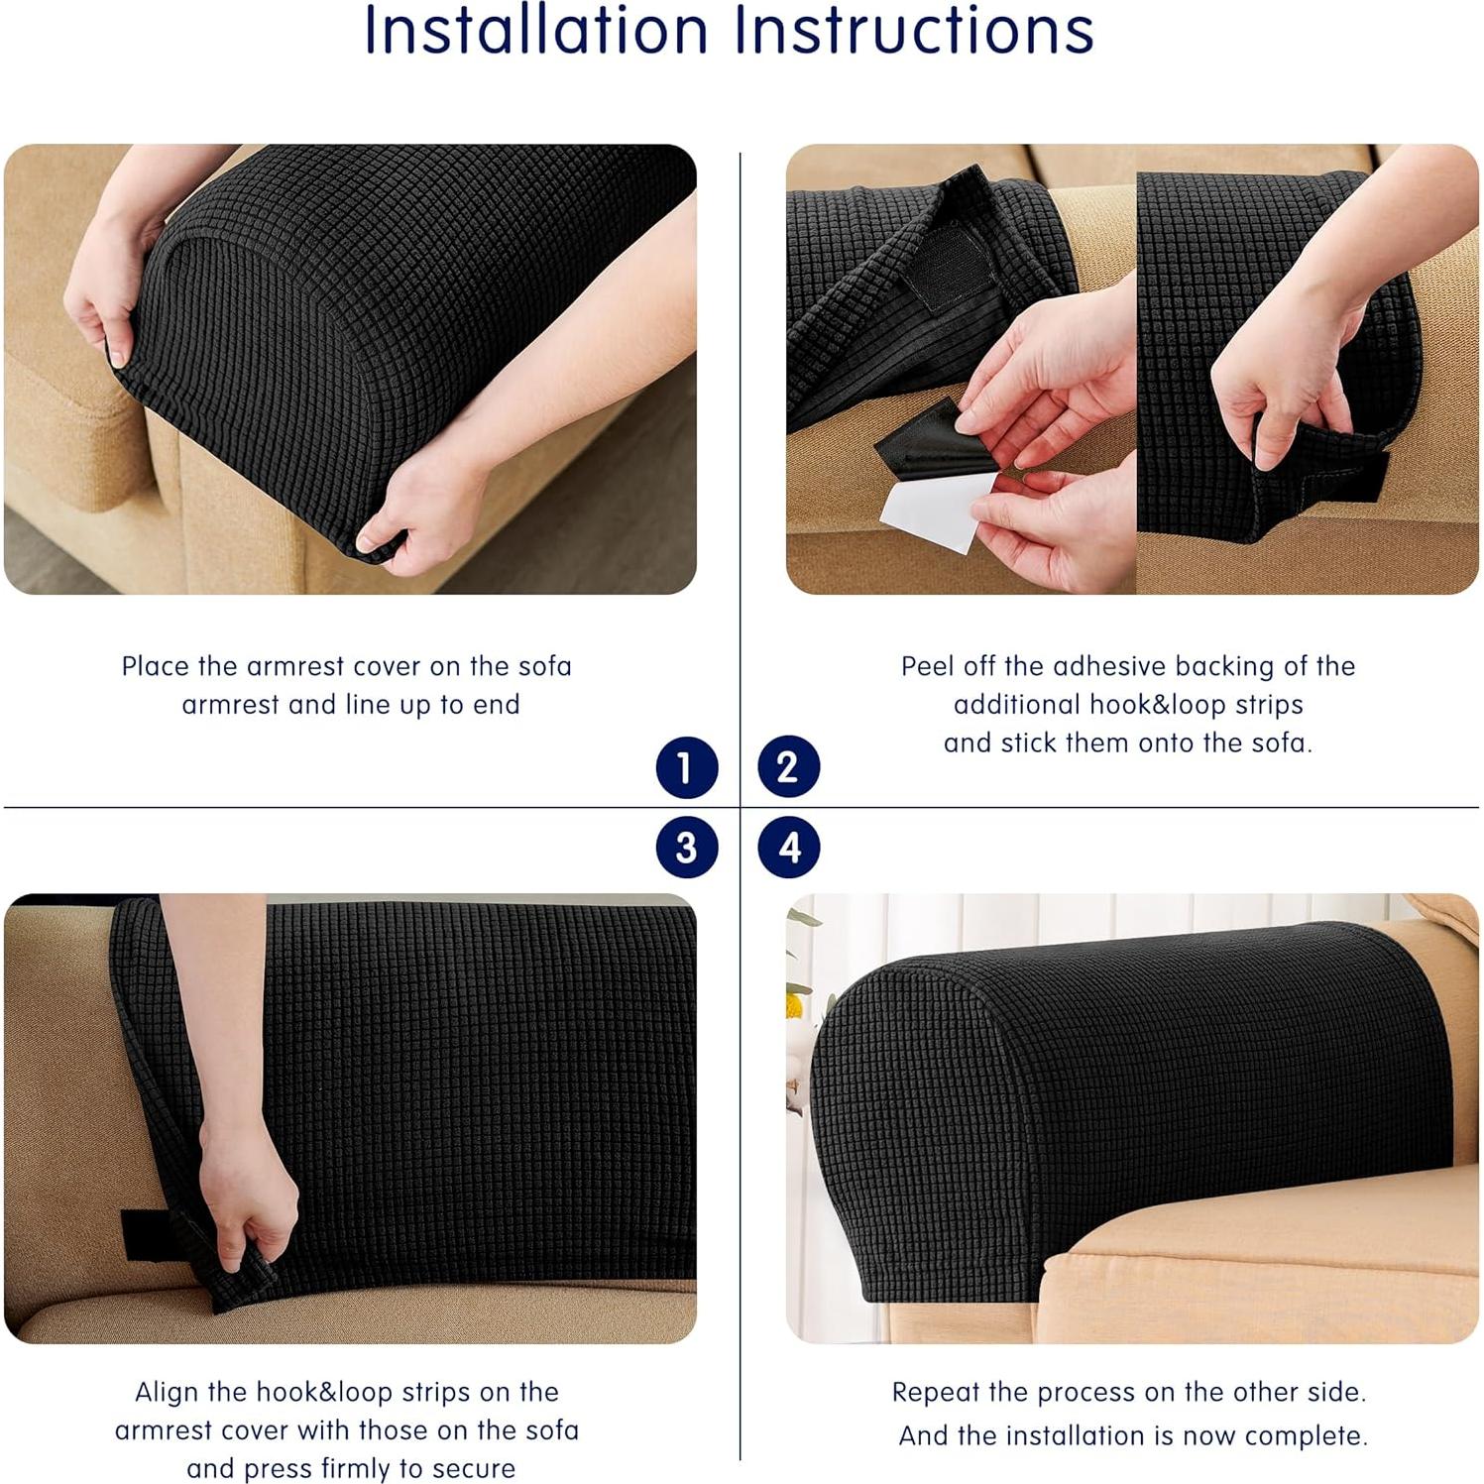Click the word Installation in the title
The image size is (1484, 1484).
click(535, 32)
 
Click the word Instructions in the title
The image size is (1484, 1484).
click(913, 32)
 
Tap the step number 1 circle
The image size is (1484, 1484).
click(686, 767)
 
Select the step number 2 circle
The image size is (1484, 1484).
click(788, 766)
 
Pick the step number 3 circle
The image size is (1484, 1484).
click(686, 848)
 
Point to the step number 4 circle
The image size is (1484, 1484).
click(788, 848)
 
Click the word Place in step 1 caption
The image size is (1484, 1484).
click(156, 666)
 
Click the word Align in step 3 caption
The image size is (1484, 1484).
click(167, 1392)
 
